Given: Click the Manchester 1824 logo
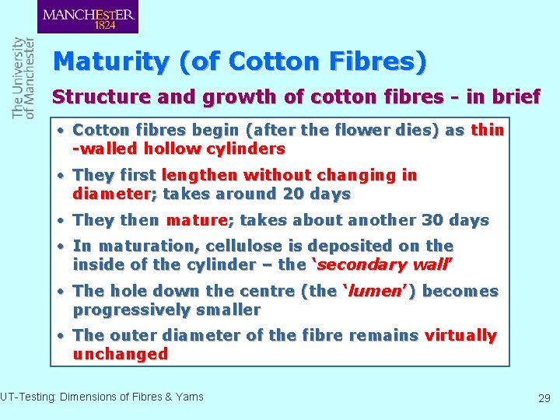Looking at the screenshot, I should click(x=88, y=17).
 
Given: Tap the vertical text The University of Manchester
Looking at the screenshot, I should click(x=23, y=78).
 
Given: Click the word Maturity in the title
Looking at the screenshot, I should click(x=112, y=61).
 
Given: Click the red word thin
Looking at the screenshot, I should click(x=487, y=130).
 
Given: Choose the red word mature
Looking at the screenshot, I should click(x=195, y=220).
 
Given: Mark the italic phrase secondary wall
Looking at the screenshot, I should click(x=384, y=264).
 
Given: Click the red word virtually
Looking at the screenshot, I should click(x=460, y=335).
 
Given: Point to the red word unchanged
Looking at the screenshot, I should click(x=121, y=354).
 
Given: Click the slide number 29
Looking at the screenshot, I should click(x=544, y=398).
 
